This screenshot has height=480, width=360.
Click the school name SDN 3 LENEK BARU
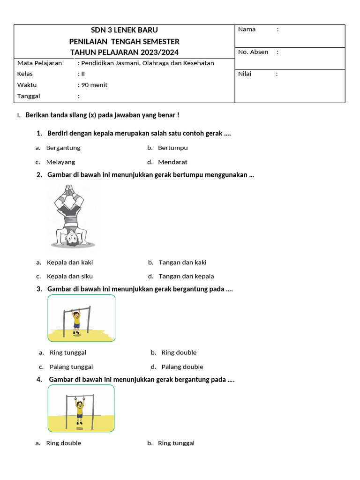pyautogui.click(x=124, y=30)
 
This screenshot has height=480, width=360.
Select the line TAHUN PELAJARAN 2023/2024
pyautogui.click(x=124, y=52)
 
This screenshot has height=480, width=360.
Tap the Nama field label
pyautogui.click(x=247, y=30)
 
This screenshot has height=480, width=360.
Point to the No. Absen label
pyautogui.click(x=253, y=52)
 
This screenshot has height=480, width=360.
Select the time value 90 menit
pyautogui.click(x=94, y=85)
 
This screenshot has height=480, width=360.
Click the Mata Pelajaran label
pyautogui.click(x=39, y=63)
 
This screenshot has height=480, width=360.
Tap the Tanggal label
pyautogui.click(x=29, y=96)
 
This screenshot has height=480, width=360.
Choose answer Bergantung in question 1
pyautogui.click(x=63, y=148)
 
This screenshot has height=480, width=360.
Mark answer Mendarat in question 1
pyautogui.click(x=172, y=162)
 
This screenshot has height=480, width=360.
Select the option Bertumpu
pyautogui.click(x=172, y=148)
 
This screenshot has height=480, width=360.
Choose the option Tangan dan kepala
pyautogui.click(x=186, y=277)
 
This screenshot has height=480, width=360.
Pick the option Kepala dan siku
pyautogui.click(x=70, y=277)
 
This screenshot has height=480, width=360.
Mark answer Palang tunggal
pyautogui.click(x=71, y=367)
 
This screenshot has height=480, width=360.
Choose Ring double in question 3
pyautogui.click(x=179, y=352)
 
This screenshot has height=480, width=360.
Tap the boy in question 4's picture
pyautogui.click(x=80, y=408)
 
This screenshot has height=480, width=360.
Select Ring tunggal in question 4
pyautogui.click(x=176, y=443)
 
